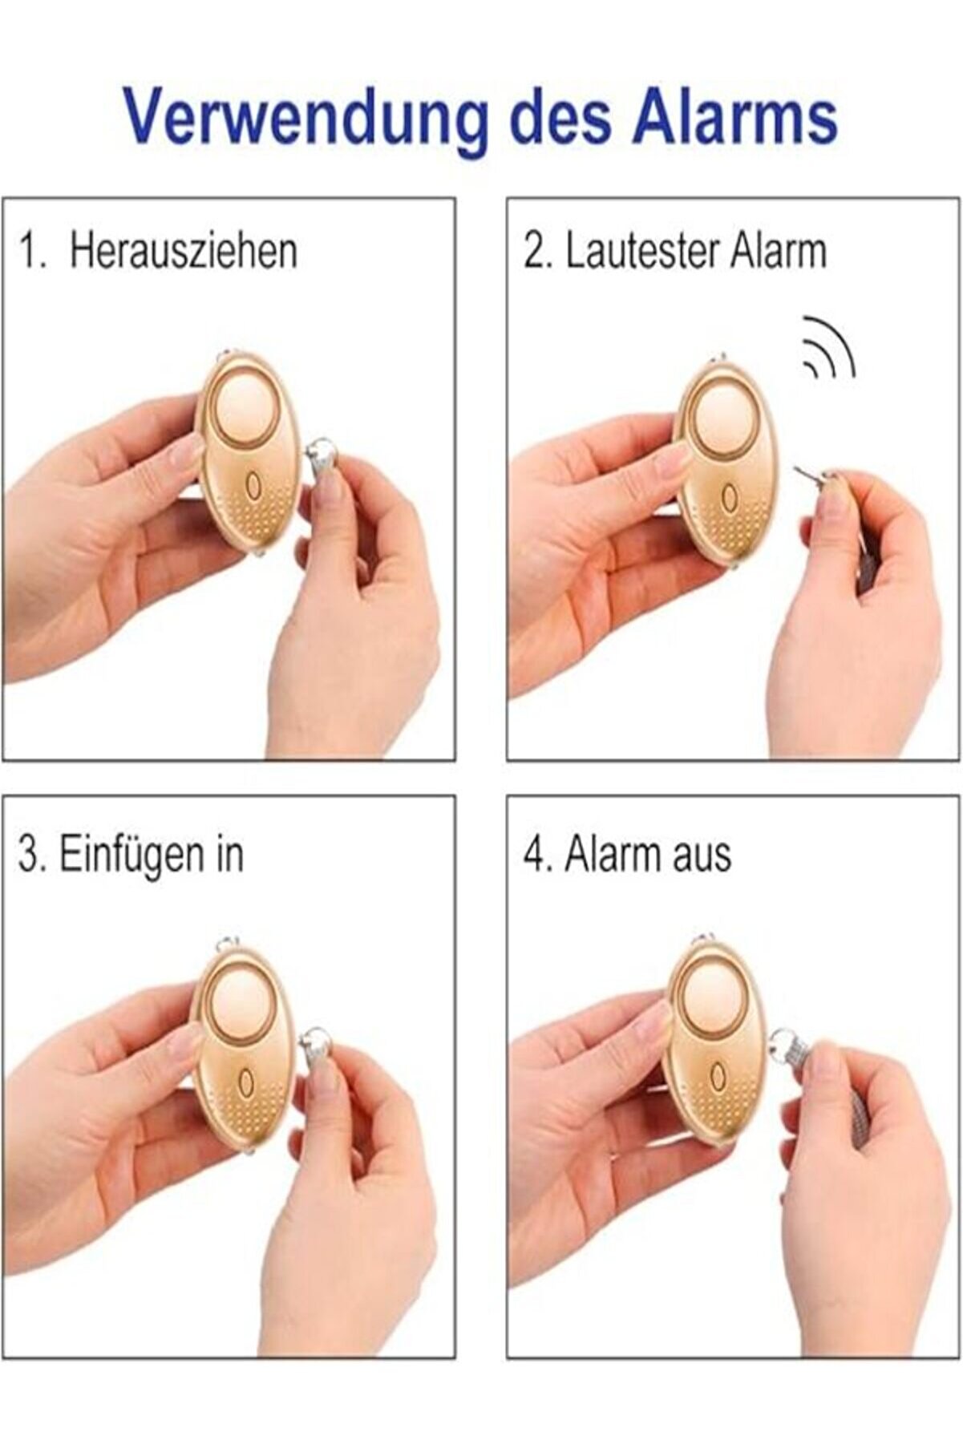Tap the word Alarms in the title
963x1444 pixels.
734,117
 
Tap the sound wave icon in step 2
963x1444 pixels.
829,349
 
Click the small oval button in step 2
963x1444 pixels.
728,499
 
